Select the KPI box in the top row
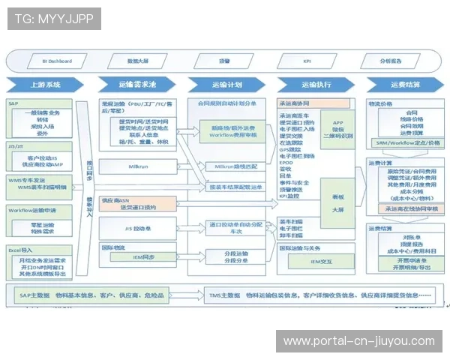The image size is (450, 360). click(x=306, y=61)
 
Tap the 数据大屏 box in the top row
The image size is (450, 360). click(x=138, y=61)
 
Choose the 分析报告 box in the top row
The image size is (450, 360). click(x=390, y=61)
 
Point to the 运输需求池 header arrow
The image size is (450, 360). click(x=135, y=85)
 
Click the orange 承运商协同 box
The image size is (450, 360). click(x=314, y=103)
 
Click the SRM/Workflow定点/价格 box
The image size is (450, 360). click(x=406, y=142)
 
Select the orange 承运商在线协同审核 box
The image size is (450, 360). click(x=406, y=209)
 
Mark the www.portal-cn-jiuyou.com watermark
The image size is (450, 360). click(x=358, y=341)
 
